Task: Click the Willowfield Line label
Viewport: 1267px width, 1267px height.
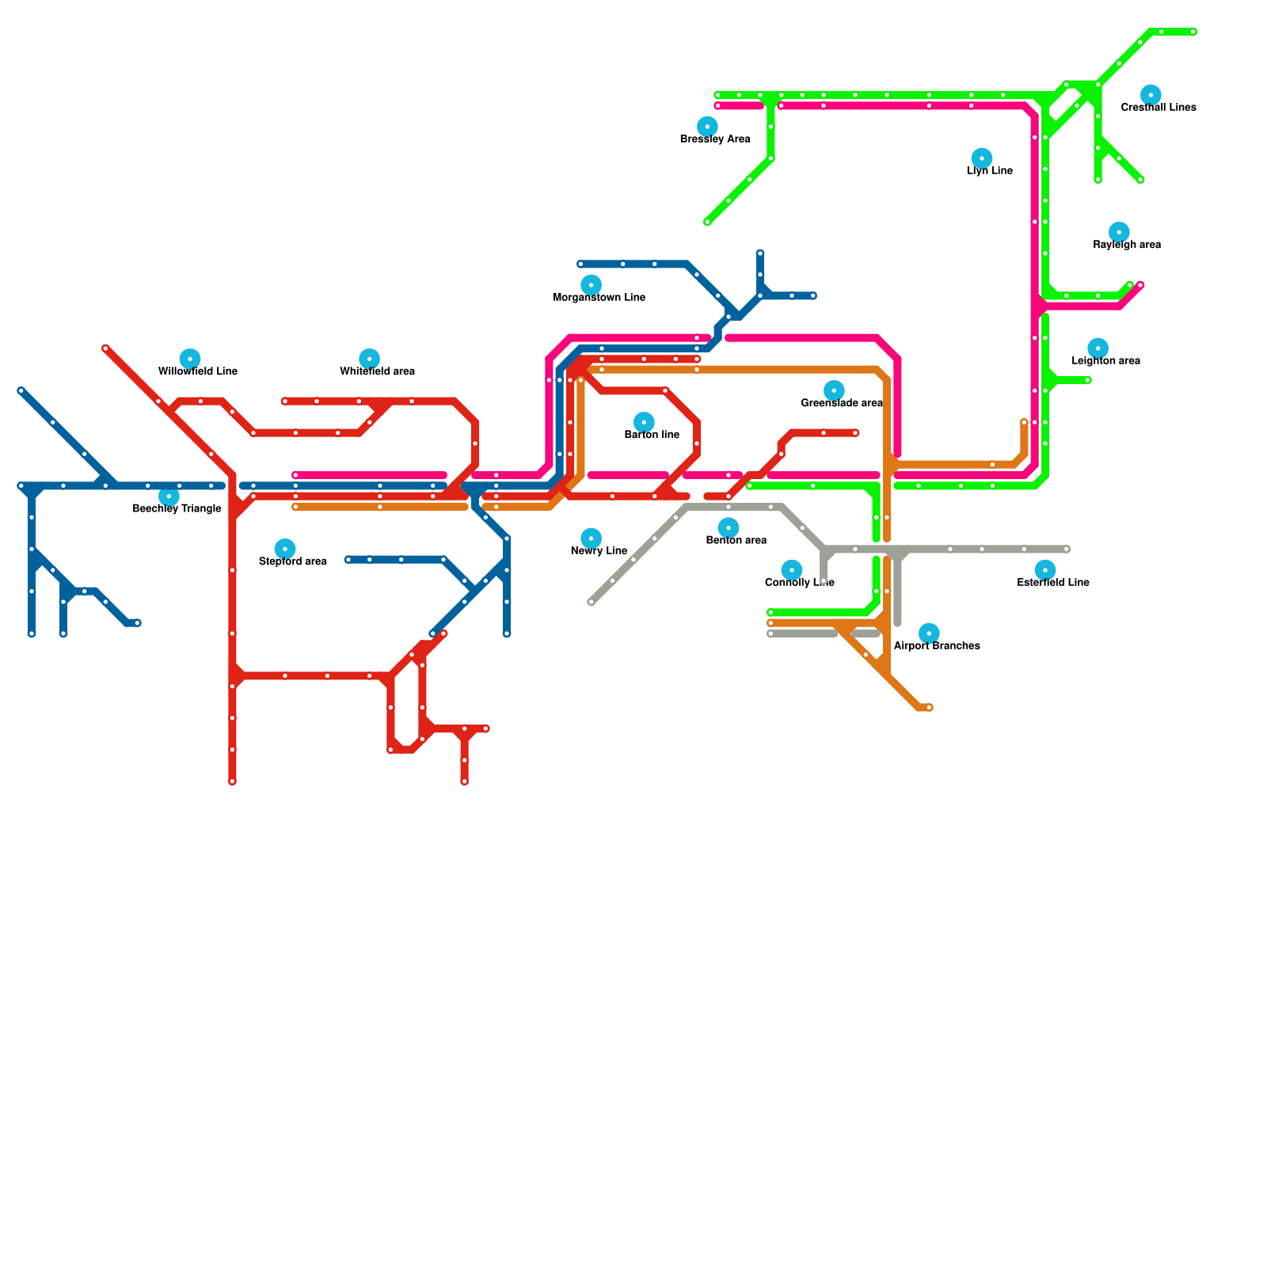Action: point(197,371)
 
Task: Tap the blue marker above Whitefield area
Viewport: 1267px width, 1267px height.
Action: point(369,359)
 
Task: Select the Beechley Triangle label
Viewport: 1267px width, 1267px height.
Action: point(177,508)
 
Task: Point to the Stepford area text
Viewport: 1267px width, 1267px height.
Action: point(292,561)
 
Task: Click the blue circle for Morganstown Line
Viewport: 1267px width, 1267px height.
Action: point(591,285)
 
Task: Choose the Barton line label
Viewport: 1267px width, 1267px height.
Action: point(652,435)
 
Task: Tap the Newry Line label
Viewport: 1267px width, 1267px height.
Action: point(599,551)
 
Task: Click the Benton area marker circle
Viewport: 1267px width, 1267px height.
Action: point(728,528)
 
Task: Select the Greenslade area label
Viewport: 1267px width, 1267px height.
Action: point(841,403)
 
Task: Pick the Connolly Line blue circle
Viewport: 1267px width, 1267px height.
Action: point(791,570)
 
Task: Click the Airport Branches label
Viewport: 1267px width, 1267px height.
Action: point(937,646)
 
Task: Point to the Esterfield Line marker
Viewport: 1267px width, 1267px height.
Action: point(1044,570)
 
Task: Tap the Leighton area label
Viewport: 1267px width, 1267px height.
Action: point(1105,361)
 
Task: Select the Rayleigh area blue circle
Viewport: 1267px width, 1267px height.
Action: point(1118,232)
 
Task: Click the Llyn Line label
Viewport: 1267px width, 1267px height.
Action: point(989,171)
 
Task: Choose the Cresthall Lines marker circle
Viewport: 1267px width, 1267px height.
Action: point(1151,95)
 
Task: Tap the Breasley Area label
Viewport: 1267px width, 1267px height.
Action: point(714,139)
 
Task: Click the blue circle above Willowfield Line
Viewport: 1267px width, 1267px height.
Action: point(189,359)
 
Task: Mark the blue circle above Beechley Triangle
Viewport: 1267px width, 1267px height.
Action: point(169,497)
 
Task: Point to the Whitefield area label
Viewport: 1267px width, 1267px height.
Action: point(377,371)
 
